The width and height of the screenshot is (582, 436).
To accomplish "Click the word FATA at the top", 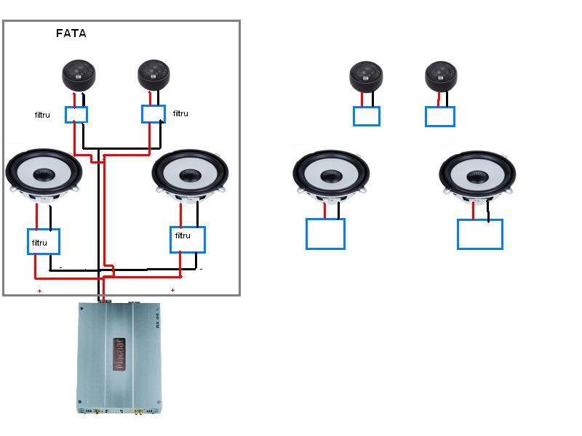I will point(71,33).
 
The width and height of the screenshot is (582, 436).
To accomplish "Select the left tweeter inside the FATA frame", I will point(78,75).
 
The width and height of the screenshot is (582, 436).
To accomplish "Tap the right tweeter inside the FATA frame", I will point(154,74).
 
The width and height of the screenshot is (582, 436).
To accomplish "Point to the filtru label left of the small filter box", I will point(42,115).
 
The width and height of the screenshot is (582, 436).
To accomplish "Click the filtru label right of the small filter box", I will point(180,113).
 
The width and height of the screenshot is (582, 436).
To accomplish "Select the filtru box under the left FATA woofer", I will point(44,241).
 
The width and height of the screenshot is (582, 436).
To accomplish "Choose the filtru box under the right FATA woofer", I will point(188,239).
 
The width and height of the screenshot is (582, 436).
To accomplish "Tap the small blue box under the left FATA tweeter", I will point(76,114).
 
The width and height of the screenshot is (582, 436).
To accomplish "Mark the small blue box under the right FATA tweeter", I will point(154,113).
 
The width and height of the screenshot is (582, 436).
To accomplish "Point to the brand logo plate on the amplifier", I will point(119,354).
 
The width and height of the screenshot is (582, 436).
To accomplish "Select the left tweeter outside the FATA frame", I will point(366,76).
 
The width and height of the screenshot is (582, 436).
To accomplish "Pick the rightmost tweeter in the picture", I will point(442,76).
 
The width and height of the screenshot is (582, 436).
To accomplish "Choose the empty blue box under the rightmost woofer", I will point(480,235).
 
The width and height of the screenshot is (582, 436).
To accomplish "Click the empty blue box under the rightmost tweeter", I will point(440,116).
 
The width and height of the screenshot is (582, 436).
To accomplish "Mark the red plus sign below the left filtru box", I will point(40,291).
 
